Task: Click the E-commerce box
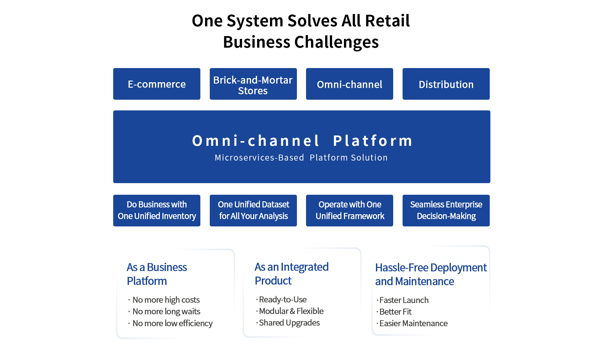pos(156,84)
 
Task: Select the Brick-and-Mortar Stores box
pos(253,84)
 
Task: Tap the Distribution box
pos(446,84)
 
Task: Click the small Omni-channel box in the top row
pos(349,84)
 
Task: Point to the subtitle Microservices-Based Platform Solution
pos(301,157)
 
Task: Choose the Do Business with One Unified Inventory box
pos(156,210)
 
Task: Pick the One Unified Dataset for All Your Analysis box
pos(253,210)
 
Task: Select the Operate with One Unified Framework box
pos(349,210)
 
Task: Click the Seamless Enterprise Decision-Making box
pos(446,210)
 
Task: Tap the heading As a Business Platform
pos(157,274)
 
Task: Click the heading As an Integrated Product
pos(291,274)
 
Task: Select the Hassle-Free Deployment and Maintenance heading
pos(430,274)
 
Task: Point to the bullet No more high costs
pos(166,300)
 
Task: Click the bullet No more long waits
pos(166,311)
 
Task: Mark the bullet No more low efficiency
pos(172,323)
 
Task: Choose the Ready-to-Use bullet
pos(283,299)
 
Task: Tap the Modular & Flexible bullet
pos(291,311)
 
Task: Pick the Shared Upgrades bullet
pos(289,323)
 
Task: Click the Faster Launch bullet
pos(404,300)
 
